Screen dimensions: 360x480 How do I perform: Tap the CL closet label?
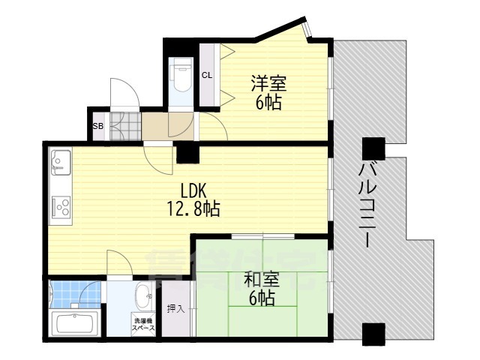[x=208, y=74]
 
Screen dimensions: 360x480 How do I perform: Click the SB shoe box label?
[x=97, y=126]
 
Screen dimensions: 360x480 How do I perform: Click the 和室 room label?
[x=261, y=280]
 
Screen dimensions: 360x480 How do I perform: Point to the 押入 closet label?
[x=174, y=308]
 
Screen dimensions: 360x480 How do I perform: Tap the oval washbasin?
[x=142, y=294]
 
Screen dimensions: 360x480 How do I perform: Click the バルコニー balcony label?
[x=367, y=202]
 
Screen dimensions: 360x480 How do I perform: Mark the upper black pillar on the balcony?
[x=373, y=148]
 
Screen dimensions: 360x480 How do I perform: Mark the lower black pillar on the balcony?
[x=373, y=332]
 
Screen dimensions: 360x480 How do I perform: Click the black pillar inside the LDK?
[x=187, y=152]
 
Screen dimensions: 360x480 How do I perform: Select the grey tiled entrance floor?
[x=124, y=126]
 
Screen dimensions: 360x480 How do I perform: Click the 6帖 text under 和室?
[x=261, y=298]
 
